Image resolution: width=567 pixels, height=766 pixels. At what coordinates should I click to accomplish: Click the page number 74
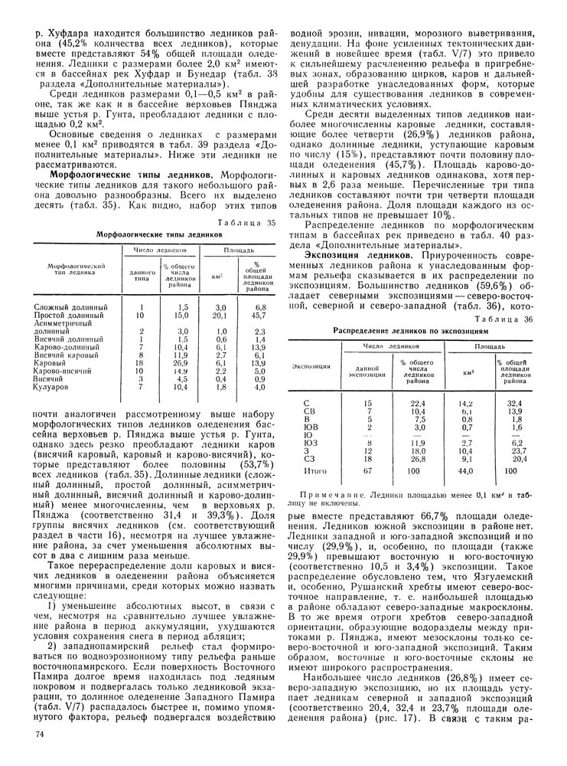click(x=40, y=735)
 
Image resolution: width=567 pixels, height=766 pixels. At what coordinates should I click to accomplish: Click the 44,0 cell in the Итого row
click(x=467, y=470)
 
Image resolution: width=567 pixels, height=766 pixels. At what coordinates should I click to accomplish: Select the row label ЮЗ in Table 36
click(x=309, y=442)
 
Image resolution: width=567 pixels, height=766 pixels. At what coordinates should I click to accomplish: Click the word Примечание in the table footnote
click(x=331, y=496)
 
